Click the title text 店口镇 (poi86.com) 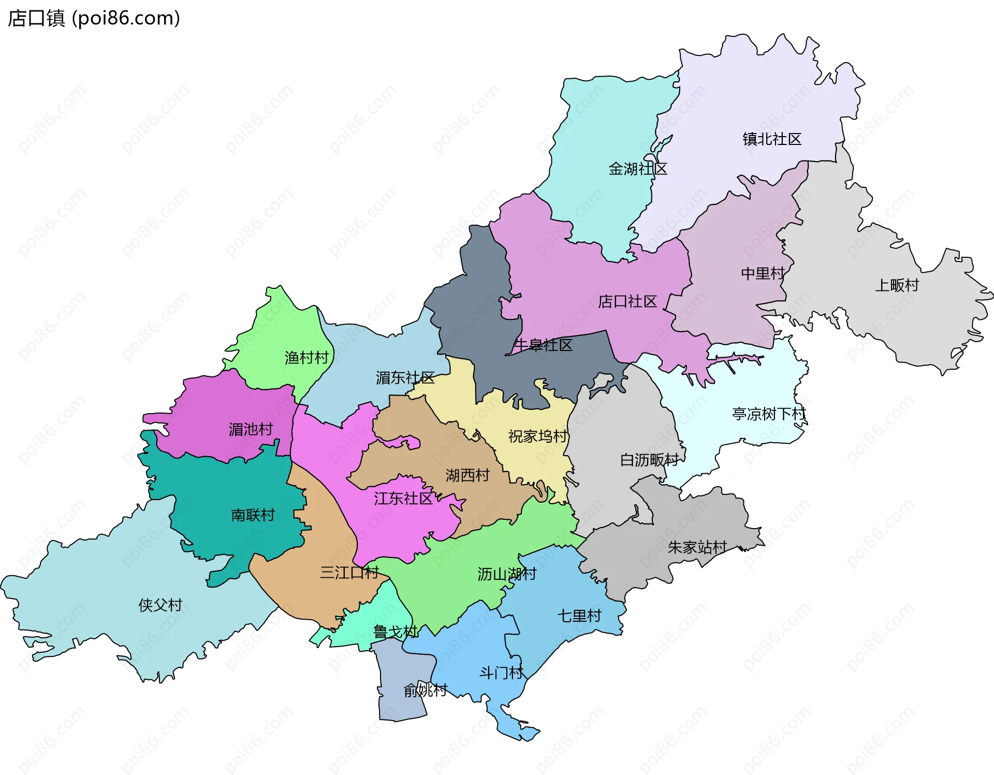[94, 18]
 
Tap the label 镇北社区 [771, 139]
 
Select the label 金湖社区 [637, 169]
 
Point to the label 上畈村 [897, 285]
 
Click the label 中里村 [763, 273]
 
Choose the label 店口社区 [627, 301]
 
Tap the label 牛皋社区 [543, 345]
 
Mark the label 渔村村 [306, 358]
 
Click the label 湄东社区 [405, 378]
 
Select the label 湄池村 [251, 429]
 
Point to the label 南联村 [253, 515]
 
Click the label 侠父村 [160, 605]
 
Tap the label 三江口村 [349, 573]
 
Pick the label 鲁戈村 [395, 632]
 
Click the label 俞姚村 [425, 690]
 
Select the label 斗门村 [501, 673]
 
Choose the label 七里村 [579, 616]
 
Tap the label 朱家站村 [697, 547]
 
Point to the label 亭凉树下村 [769, 414]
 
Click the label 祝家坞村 [538, 436]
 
